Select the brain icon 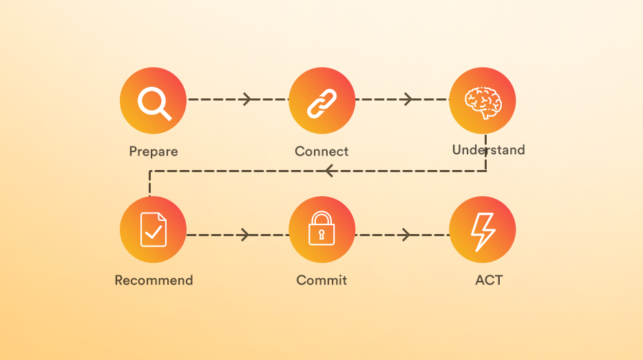(483, 101)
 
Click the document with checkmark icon (153, 230)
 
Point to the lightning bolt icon (483, 231)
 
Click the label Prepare (153, 151)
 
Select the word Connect (321, 151)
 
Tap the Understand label (488, 150)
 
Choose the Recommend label (154, 280)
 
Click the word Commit (321, 280)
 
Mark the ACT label (488, 280)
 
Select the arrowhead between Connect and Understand (408, 100)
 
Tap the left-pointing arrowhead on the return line (329, 171)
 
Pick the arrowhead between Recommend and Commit (245, 235)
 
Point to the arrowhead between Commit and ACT (407, 235)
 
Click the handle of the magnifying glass (165, 113)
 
